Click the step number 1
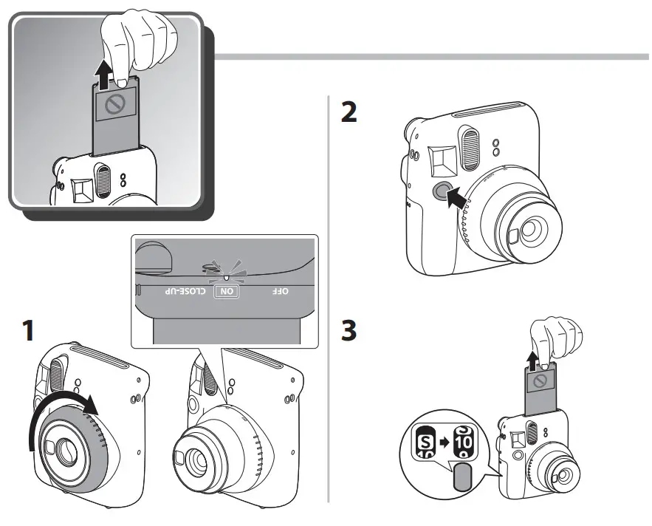tap(28, 330)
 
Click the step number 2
tap(346, 112)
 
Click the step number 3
tap(346, 330)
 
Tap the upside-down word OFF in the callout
tap(280, 291)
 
